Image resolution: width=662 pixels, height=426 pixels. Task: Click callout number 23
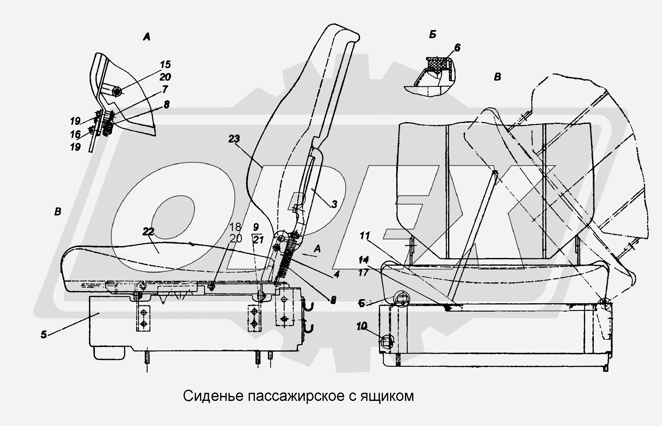(x=234, y=139)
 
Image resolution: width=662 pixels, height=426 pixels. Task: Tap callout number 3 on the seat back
(x=334, y=204)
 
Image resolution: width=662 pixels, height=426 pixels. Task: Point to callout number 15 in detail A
(x=166, y=64)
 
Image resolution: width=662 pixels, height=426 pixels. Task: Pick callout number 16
(x=75, y=134)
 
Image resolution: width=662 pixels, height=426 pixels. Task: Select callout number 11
(x=365, y=236)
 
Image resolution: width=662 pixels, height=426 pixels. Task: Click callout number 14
(x=363, y=260)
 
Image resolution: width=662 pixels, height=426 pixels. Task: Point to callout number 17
(x=363, y=272)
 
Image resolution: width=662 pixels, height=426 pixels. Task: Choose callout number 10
(x=362, y=326)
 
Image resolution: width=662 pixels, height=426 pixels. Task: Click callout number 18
(x=235, y=227)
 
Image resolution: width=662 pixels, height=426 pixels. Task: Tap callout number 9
(x=256, y=227)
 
